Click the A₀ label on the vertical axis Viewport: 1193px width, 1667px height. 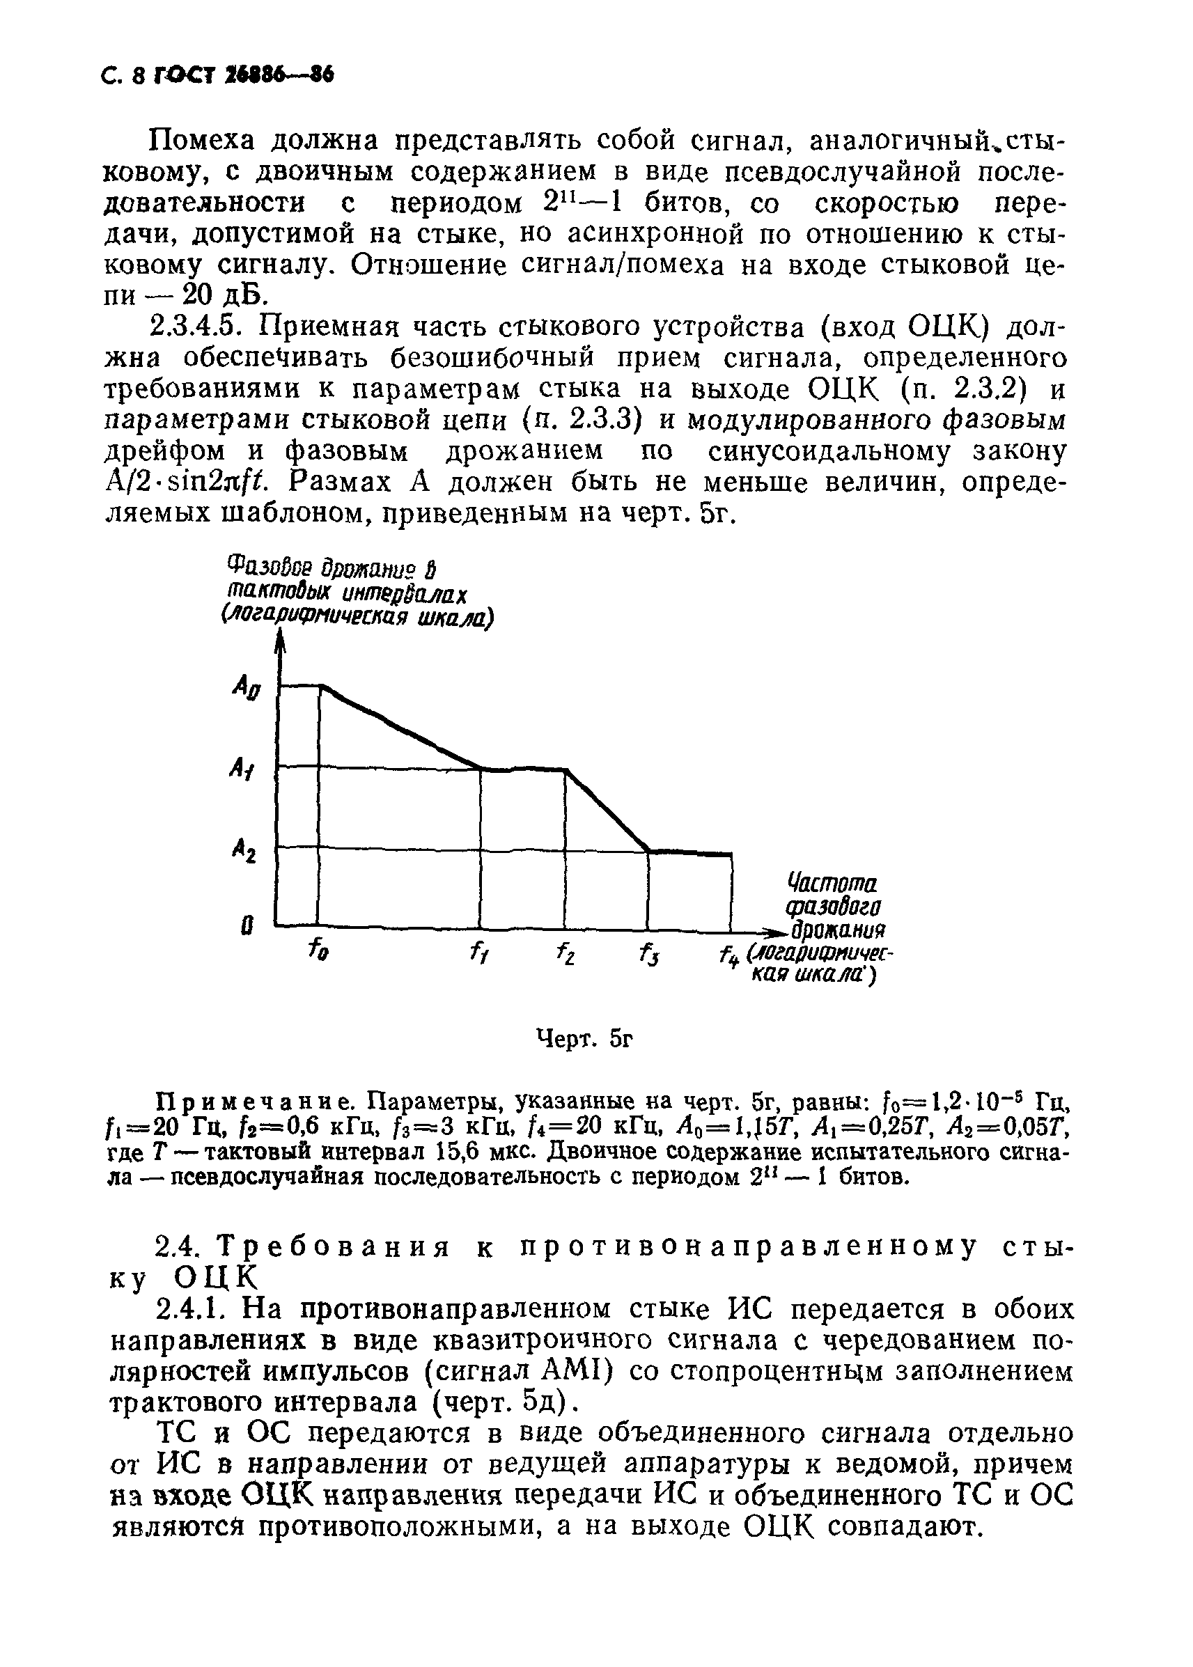pyautogui.click(x=245, y=689)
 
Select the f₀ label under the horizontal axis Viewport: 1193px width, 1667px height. pyautogui.click(x=318, y=950)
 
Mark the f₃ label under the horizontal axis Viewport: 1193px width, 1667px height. pyautogui.click(x=648, y=954)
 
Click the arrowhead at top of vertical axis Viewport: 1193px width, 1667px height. pyautogui.click(x=279, y=643)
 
